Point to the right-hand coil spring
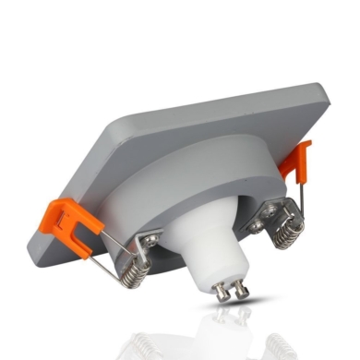(288, 231)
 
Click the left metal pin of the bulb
(221, 290)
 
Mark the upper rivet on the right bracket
(268, 210)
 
